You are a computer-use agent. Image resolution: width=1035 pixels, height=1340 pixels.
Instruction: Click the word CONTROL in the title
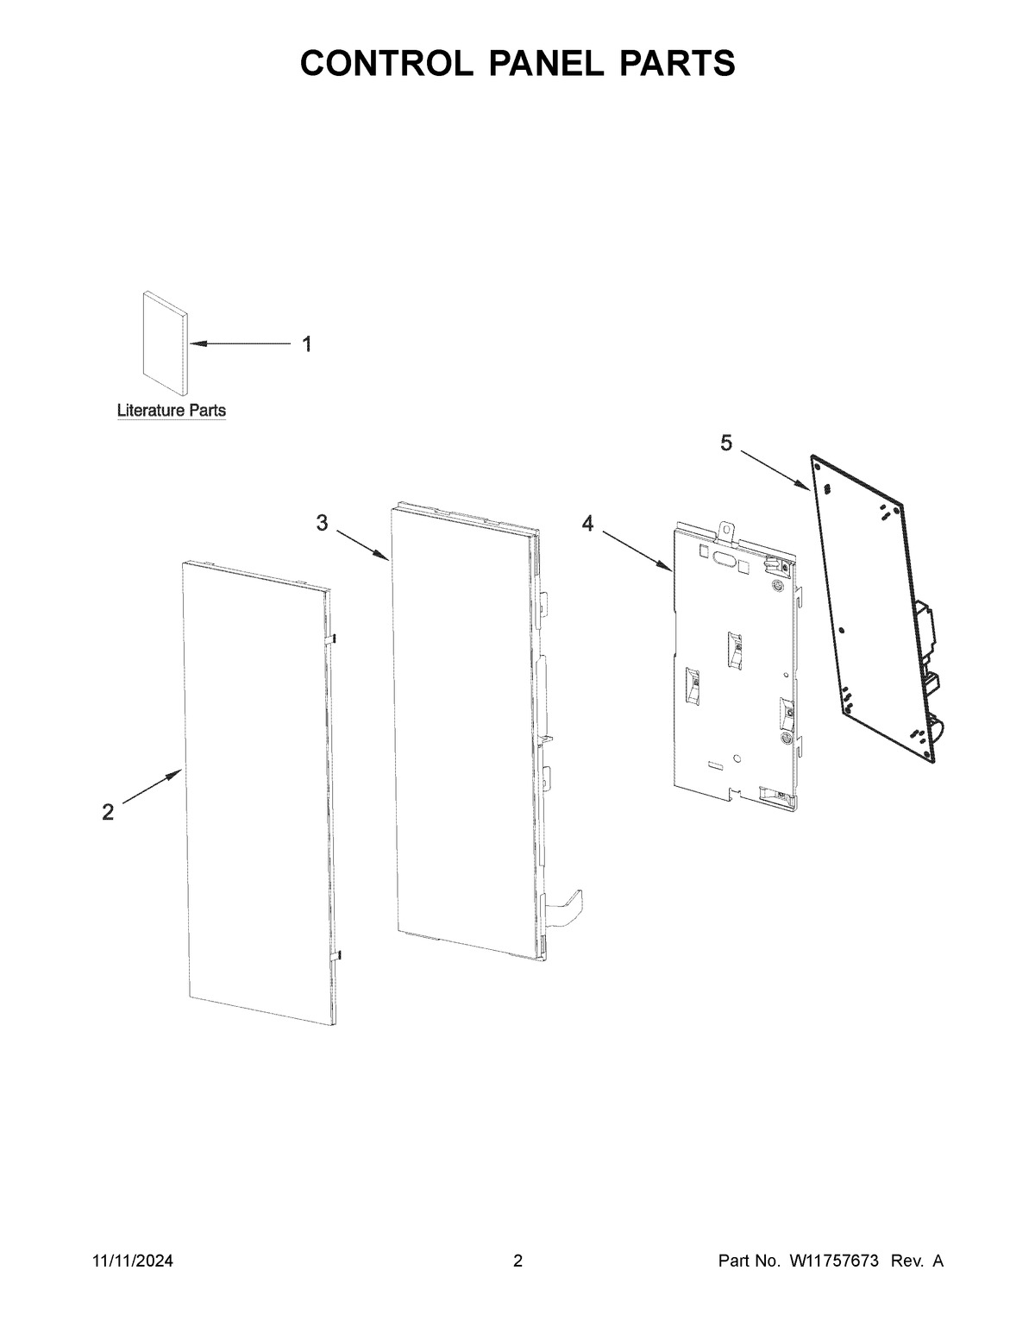click(x=377, y=63)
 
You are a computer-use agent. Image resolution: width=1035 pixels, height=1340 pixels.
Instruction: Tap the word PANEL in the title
click(x=535, y=63)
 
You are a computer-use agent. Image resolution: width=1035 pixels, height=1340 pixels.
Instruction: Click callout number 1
click(x=306, y=344)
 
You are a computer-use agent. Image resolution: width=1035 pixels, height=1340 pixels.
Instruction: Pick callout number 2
click(x=108, y=812)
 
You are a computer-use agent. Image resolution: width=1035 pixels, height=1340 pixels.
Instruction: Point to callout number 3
click(x=322, y=522)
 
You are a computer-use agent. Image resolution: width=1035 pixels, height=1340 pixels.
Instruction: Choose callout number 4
click(x=587, y=523)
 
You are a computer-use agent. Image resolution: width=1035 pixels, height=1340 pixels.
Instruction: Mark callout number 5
click(x=726, y=443)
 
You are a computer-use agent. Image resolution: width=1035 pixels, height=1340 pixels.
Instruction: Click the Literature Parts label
click(x=172, y=411)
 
